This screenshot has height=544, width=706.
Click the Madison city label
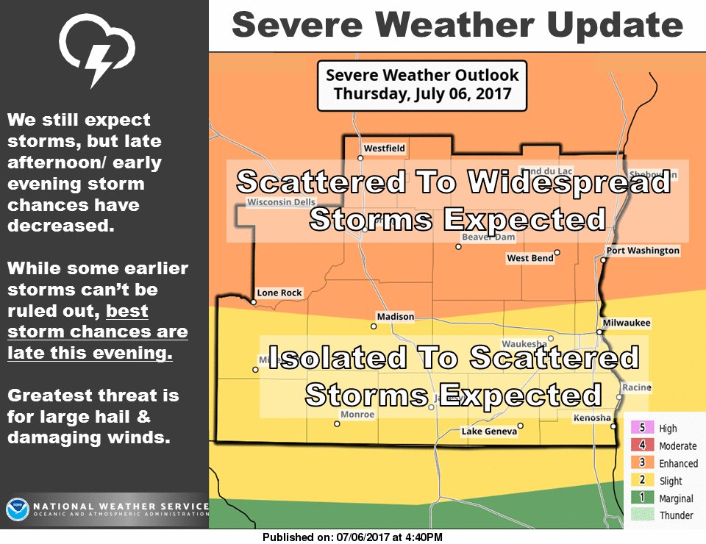click(x=396, y=317)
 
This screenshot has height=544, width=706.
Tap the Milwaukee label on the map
click(x=627, y=323)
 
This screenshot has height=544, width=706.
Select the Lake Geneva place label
click(x=489, y=432)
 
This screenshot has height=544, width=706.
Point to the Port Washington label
click(x=643, y=251)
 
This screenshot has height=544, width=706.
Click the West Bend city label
click(x=529, y=258)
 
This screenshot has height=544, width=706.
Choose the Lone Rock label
click(x=279, y=293)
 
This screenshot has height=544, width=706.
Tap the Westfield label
click(x=385, y=148)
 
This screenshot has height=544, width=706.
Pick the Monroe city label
click(x=357, y=415)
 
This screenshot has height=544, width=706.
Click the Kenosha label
click(x=592, y=418)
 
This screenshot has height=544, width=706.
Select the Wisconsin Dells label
click(x=282, y=202)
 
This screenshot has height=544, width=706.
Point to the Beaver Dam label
click(x=488, y=237)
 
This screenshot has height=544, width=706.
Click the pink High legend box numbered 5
click(x=641, y=429)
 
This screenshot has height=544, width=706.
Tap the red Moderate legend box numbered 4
click(x=641, y=445)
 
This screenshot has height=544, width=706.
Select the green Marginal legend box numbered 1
click(x=641, y=498)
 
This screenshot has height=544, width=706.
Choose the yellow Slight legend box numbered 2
click(x=641, y=481)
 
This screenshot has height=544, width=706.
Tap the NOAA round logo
click(x=17, y=509)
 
